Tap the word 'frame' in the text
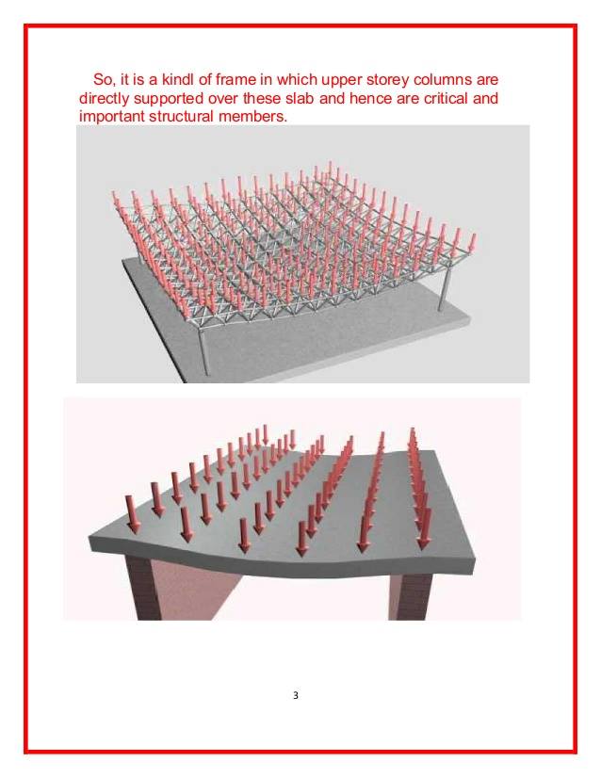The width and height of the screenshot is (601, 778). point(235,79)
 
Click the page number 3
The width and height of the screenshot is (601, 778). point(296,695)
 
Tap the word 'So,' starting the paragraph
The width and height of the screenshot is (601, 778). point(104,80)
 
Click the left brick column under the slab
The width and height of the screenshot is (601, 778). point(143,587)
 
